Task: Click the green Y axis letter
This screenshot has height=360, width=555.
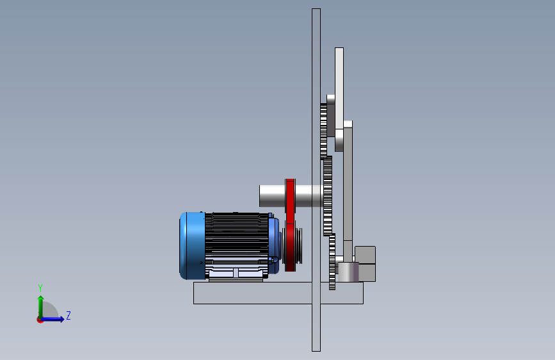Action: [x=40, y=288]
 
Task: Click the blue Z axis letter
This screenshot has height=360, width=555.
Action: [x=68, y=315]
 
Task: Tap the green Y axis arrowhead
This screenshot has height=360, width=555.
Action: [x=41, y=299]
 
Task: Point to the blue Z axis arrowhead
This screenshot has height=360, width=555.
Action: [x=62, y=319]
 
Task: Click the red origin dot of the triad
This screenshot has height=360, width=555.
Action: [x=40, y=320]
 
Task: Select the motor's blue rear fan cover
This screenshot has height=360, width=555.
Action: [x=192, y=246]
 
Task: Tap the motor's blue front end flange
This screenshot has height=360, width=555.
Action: [x=273, y=246]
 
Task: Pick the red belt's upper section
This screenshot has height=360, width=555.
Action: [x=290, y=200]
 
